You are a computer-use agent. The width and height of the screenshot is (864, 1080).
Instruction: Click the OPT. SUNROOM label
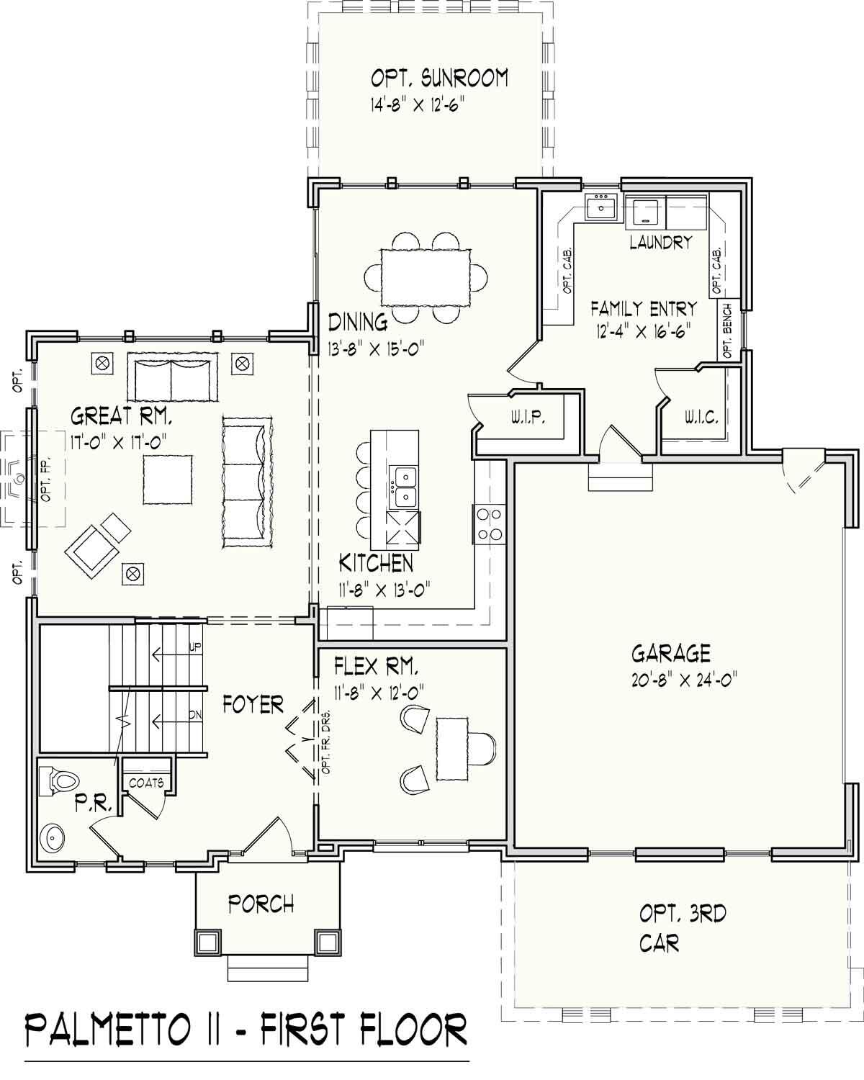(439, 78)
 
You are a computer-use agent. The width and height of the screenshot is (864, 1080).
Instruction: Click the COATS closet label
(146, 783)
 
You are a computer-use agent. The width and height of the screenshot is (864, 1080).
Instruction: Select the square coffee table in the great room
(168, 480)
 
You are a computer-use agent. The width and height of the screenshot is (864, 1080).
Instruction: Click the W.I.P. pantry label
(527, 418)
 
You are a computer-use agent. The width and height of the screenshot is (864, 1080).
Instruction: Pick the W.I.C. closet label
(701, 418)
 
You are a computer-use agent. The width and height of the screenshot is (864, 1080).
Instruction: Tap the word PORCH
(261, 903)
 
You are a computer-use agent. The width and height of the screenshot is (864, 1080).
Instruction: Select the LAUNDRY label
(660, 242)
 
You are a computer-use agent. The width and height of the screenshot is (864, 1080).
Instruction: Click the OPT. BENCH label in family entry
(727, 330)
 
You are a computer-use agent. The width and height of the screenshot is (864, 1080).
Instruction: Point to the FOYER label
(253, 704)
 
